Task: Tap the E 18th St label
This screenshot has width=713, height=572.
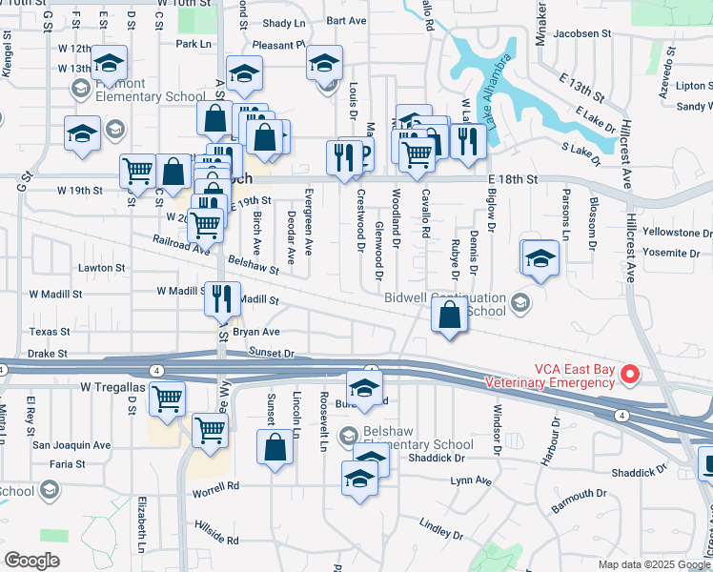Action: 513,179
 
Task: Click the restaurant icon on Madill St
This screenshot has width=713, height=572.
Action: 219,299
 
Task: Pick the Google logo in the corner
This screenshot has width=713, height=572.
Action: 32,561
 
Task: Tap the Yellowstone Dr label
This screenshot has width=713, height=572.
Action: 678,233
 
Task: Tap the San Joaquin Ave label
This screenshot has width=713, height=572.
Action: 71,445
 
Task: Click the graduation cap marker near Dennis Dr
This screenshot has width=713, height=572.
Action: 540,258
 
